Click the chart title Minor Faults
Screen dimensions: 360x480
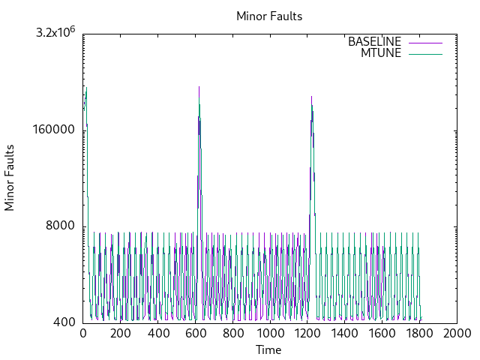(x=269, y=16)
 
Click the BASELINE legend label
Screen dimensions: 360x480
(x=374, y=41)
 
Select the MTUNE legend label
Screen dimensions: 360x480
(x=381, y=52)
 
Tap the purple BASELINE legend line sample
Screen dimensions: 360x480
(x=425, y=41)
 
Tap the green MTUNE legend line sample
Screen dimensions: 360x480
(x=425, y=52)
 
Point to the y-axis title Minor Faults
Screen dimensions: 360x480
(x=10, y=177)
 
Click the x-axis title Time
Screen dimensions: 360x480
(x=268, y=350)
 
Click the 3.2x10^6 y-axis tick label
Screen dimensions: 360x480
(x=55, y=33)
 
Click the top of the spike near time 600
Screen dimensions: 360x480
(x=199, y=86)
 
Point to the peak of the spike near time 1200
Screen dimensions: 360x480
(x=310, y=96)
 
